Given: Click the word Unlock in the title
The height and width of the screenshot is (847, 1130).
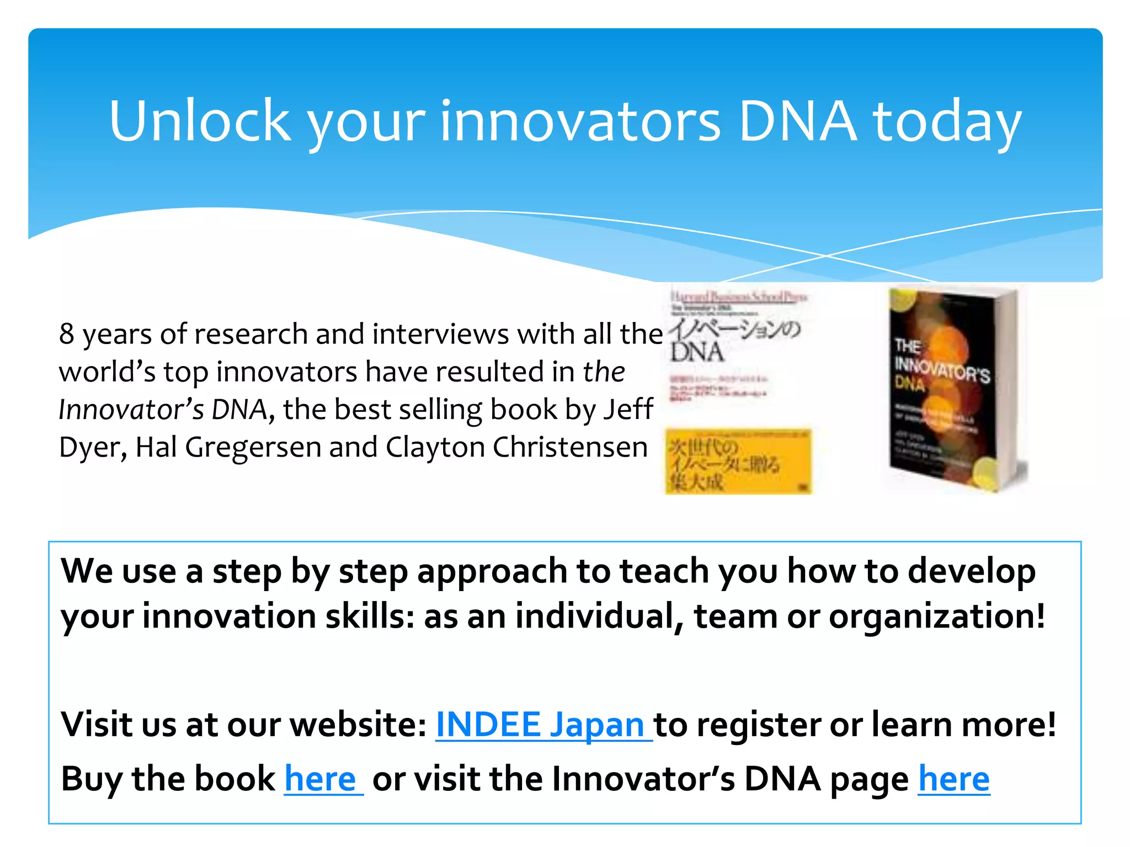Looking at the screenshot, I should pos(200,121).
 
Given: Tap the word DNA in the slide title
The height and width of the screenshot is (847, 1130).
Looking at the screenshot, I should pos(797,121).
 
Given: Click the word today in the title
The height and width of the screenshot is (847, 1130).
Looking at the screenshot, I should pos(947,122).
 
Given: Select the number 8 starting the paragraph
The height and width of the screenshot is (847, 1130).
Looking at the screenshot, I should pos(67,334).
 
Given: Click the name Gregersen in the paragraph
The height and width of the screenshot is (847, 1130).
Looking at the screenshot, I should pos(253,447).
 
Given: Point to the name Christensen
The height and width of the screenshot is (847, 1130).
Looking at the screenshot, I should pos(570,447).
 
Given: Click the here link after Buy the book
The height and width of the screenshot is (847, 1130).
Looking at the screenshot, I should pos(321,779).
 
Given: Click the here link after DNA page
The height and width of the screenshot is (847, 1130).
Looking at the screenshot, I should pos(953,779).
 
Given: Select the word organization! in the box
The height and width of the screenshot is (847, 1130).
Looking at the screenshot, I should pos(937,616).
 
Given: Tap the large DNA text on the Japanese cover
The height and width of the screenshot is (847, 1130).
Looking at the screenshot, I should pos(697,352).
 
